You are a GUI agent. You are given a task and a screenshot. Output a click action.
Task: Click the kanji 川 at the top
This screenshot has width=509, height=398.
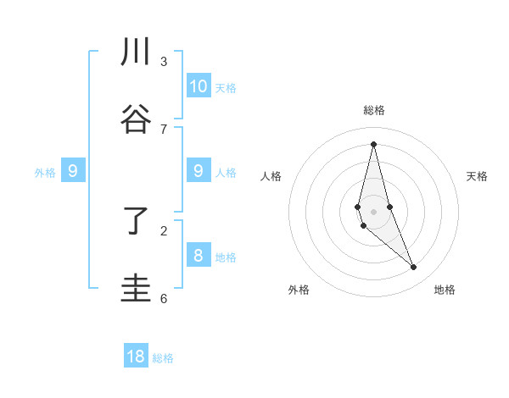point(136,53)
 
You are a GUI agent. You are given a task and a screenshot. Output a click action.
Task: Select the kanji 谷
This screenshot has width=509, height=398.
point(136,120)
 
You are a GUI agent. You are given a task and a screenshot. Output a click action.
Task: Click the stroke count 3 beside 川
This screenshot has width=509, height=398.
point(164,62)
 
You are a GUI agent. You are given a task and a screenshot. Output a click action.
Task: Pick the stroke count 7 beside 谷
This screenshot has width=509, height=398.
point(164,130)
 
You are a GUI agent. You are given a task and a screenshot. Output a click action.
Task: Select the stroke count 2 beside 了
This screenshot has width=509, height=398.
point(164,230)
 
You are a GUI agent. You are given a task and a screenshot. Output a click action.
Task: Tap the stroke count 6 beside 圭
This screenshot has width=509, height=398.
point(164,299)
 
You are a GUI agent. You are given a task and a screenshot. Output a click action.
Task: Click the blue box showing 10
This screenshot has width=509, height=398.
point(199,86)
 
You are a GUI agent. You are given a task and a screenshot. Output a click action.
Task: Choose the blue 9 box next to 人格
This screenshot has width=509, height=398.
point(199,171)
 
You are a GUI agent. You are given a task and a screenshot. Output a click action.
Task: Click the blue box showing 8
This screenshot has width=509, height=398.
point(199,256)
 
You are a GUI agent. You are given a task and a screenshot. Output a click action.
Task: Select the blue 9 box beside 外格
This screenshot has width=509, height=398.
point(73,171)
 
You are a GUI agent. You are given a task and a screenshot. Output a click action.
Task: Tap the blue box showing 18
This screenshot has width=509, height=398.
point(136,357)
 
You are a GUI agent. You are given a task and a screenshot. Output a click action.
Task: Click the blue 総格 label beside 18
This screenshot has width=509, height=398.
point(163,358)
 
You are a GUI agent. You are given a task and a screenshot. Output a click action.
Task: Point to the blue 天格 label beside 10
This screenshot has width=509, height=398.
point(226,88)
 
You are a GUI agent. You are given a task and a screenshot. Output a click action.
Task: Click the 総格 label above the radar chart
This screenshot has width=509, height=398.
point(373,110)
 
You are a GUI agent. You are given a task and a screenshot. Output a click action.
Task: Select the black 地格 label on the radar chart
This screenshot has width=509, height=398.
point(445,290)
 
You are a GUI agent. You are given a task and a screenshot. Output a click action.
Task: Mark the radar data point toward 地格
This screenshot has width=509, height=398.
point(414,268)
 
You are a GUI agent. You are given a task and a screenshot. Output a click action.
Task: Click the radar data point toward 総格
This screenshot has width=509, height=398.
point(373,143)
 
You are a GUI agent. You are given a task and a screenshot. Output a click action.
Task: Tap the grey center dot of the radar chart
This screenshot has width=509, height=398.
point(373,211)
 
